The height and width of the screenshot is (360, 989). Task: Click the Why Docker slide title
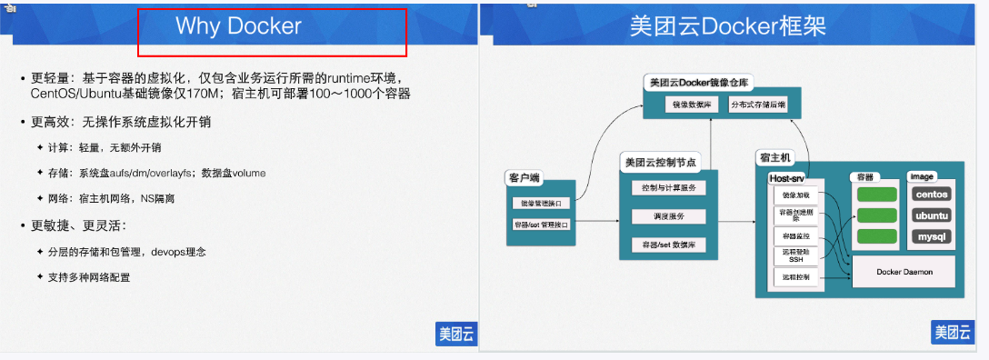click(x=238, y=26)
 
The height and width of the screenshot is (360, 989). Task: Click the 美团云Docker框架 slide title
click(x=728, y=25)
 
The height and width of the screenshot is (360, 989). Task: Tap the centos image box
click(x=931, y=194)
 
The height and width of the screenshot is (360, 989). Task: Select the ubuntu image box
click(x=931, y=215)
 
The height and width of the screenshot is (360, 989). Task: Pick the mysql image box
click(x=931, y=237)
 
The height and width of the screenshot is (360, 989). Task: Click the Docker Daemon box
click(x=904, y=272)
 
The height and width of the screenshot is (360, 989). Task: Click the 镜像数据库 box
click(x=692, y=105)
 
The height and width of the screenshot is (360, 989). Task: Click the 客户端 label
click(x=526, y=177)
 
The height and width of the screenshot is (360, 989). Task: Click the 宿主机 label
click(x=775, y=157)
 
